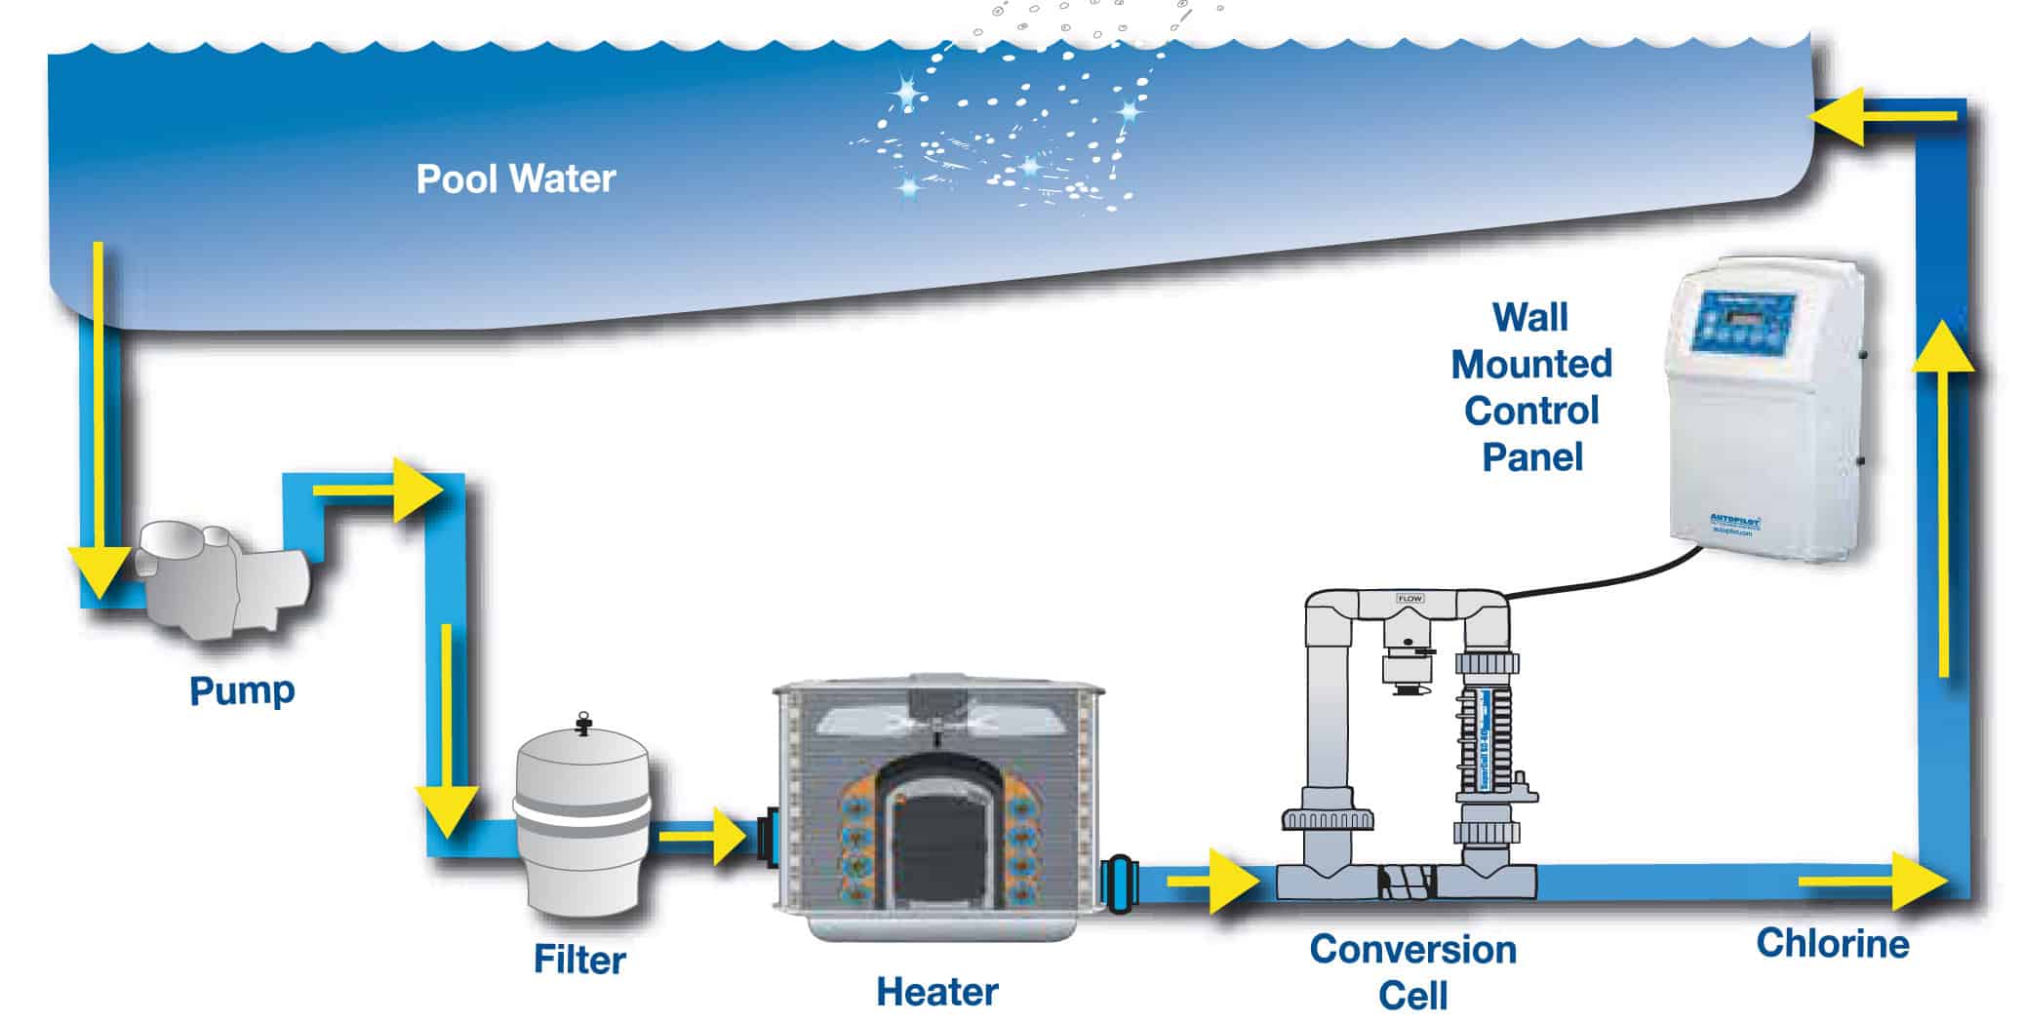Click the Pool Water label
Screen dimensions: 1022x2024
[x=515, y=179]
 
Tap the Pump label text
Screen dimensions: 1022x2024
[x=242, y=690]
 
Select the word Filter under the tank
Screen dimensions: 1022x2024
[x=579, y=960]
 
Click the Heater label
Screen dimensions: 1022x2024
[x=936, y=992]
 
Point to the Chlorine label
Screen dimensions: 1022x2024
[x=1832, y=943]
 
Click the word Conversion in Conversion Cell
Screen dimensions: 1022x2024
[x=1412, y=949]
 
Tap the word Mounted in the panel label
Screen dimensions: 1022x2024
[x=1530, y=364]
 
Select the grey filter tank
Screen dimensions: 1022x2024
[x=581, y=819]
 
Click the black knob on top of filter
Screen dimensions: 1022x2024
[x=583, y=723]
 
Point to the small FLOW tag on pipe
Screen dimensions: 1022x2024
[x=1409, y=598]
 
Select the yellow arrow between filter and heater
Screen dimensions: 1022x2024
[x=702, y=835]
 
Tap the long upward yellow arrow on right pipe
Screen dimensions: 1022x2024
[x=1943, y=497]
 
